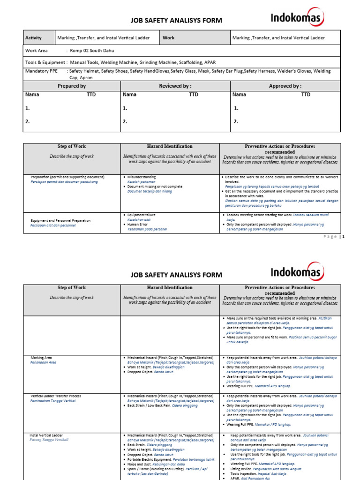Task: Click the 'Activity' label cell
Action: click(33, 38)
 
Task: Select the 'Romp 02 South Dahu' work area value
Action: click(91, 51)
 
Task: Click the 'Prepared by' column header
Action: click(72, 86)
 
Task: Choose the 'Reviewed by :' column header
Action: click(175, 86)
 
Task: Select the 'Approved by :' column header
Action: click(285, 86)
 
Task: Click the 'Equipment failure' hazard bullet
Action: click(141, 215)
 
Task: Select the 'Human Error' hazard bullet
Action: click(138, 224)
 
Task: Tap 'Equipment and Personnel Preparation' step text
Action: click(60, 220)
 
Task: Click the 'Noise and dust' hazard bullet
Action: click(140, 464)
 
